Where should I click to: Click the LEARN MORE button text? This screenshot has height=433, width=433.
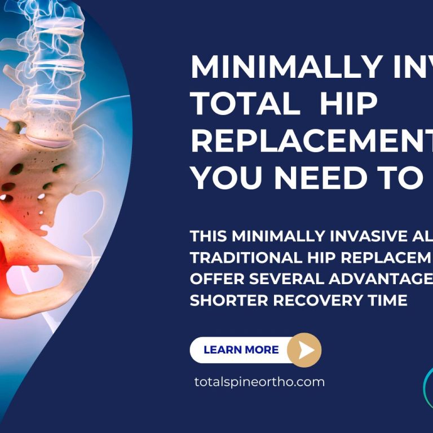(241, 350)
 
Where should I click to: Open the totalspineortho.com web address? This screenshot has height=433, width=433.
(259, 382)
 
